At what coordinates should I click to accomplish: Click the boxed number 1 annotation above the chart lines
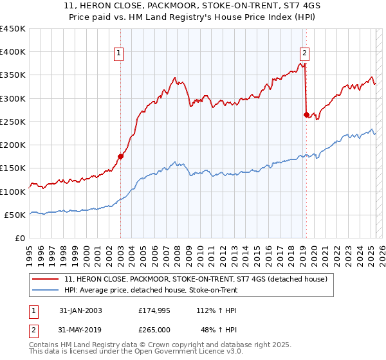click(x=120, y=54)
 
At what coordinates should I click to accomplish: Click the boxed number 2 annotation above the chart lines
click(x=304, y=54)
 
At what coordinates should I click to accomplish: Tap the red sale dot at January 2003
click(x=120, y=156)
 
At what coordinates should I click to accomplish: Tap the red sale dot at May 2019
click(x=306, y=114)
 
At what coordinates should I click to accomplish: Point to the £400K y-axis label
click(x=13, y=52)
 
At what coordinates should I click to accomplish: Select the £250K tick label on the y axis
click(x=13, y=122)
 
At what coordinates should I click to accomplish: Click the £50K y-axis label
click(x=15, y=215)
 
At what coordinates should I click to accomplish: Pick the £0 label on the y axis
click(x=21, y=238)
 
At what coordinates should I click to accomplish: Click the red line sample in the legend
click(x=45, y=279)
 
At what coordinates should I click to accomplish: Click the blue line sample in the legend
click(x=45, y=290)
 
